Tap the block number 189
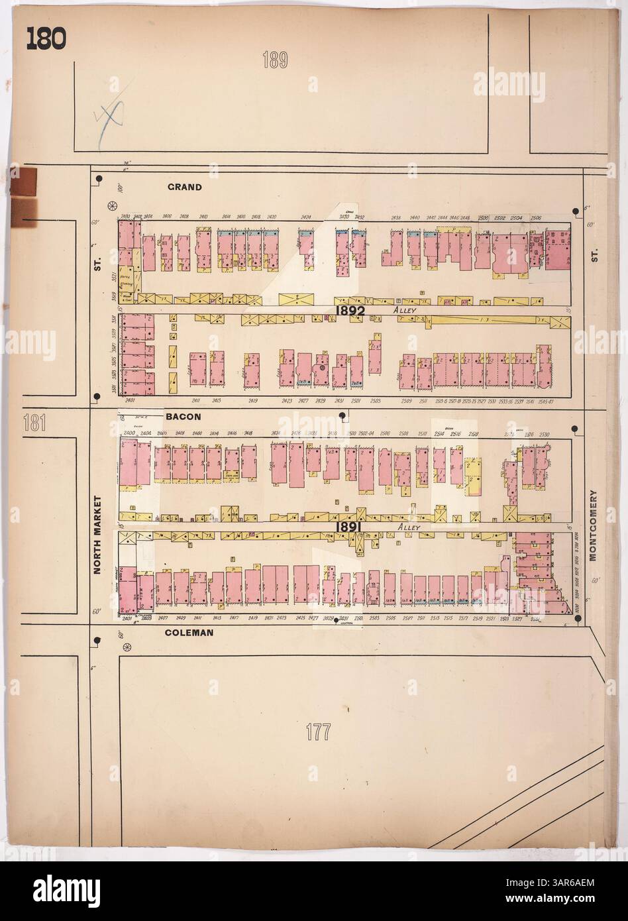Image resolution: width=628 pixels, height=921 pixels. click(x=274, y=62)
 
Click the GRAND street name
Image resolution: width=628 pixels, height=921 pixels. click(x=184, y=188)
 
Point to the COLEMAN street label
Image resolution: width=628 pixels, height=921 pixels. click(x=189, y=633)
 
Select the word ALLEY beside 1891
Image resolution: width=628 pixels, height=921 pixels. click(x=399, y=527)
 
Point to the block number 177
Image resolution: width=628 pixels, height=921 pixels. click(x=319, y=733)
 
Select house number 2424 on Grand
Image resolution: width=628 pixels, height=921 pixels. click(x=306, y=217)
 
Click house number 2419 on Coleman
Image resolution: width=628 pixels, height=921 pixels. click(x=252, y=618)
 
